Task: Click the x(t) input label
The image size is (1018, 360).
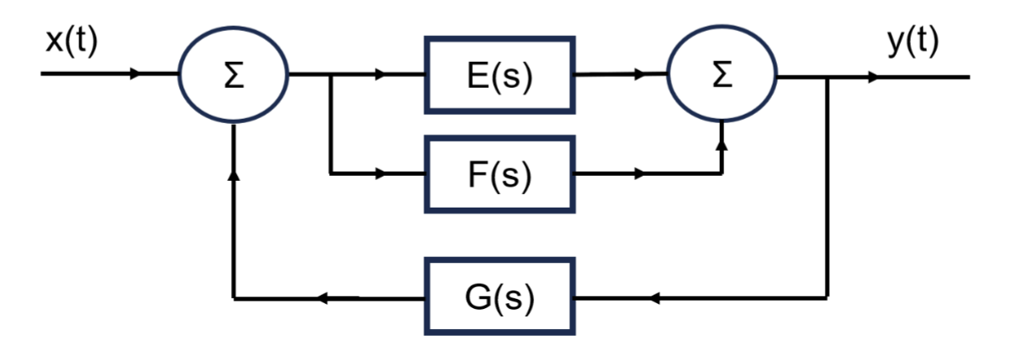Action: pyautogui.click(x=71, y=42)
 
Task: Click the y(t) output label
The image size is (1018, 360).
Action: pyautogui.click(x=913, y=42)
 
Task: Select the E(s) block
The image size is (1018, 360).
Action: pyautogui.click(x=499, y=75)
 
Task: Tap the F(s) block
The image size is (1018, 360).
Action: pyautogui.click(x=499, y=174)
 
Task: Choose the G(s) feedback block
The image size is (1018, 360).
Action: pyautogui.click(x=499, y=296)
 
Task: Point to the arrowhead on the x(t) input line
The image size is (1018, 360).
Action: pyautogui.click(x=134, y=75)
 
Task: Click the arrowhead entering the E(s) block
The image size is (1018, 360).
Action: pyautogui.click(x=381, y=75)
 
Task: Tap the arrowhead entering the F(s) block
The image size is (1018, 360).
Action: pyautogui.click(x=381, y=174)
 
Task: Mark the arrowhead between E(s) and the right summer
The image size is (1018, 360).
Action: pyautogui.click(x=640, y=75)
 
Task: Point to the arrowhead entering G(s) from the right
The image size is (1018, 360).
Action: pyautogui.click(x=656, y=297)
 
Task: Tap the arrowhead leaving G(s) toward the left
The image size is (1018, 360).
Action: pyautogui.click(x=321, y=297)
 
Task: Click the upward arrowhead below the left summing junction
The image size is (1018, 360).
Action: pyautogui.click(x=234, y=175)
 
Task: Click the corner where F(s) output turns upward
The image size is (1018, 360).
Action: pyautogui.click(x=722, y=174)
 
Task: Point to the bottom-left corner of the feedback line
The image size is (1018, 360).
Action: pyautogui.click(x=234, y=297)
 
